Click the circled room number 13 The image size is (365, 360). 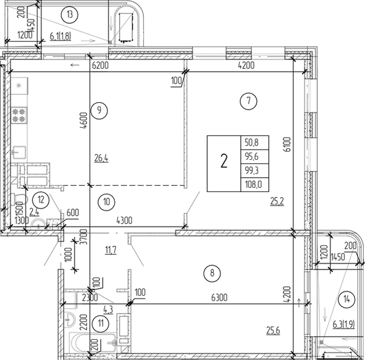pos(69,14)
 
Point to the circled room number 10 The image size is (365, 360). pos(106,201)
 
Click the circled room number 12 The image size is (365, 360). pos(41,200)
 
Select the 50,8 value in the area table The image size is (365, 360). pos(253,143)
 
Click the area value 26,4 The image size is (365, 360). pos(101,158)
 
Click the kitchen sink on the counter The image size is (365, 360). pos(20,151)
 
